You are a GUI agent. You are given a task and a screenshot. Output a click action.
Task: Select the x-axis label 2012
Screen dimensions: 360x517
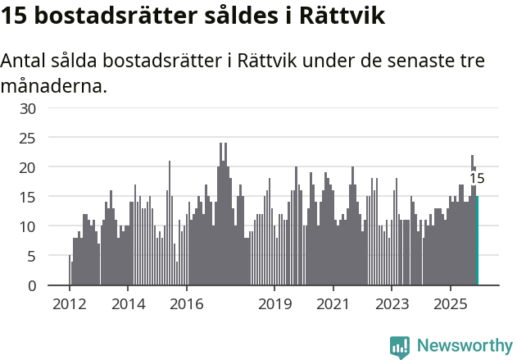69,304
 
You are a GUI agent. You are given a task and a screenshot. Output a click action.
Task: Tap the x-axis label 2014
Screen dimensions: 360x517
128,304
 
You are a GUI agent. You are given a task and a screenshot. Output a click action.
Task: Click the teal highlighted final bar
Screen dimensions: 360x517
477,241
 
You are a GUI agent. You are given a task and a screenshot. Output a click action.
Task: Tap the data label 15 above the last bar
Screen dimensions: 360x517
477,179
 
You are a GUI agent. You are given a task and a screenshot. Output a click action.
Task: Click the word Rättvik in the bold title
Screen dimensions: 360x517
338,16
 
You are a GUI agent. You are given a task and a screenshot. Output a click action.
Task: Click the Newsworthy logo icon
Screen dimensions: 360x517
400,347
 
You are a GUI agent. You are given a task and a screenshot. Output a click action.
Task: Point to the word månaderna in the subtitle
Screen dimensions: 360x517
53,85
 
